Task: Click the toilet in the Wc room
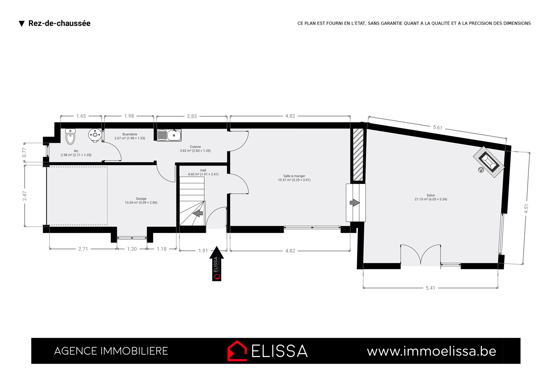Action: [x=70, y=137]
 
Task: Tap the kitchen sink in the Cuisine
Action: [x=169, y=135]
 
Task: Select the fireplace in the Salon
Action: [x=488, y=162]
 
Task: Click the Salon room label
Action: [x=431, y=197]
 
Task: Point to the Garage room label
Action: [x=141, y=201]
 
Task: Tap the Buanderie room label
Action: [x=130, y=136]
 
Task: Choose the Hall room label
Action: [x=203, y=172]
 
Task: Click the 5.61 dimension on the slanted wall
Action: [x=437, y=127]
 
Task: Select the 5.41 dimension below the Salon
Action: [x=430, y=288]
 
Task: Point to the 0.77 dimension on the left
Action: [x=24, y=153]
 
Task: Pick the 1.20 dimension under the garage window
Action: [x=132, y=249]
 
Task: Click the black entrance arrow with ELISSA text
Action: [x=217, y=264]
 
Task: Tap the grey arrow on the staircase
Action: [x=198, y=213]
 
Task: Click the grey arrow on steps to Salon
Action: [x=355, y=203]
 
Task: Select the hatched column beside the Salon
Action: [x=358, y=155]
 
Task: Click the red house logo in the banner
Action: [x=237, y=351]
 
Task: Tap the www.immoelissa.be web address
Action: [x=432, y=351]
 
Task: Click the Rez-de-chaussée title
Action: [x=59, y=23]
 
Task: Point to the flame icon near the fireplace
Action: [x=481, y=170]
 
